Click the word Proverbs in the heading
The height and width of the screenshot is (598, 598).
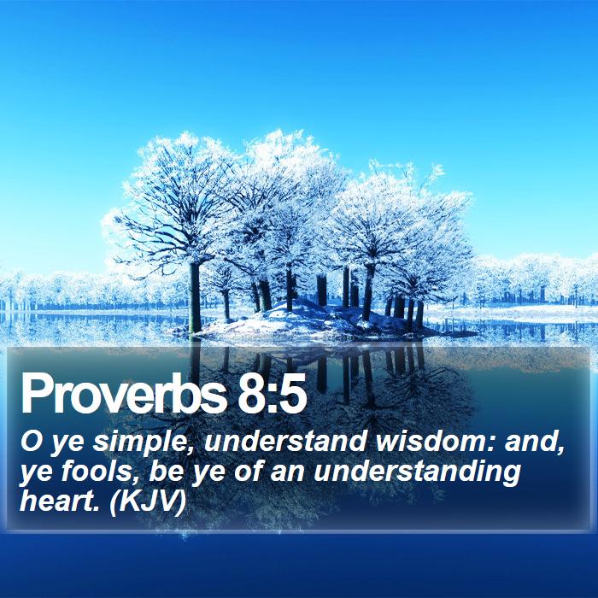click(125, 394)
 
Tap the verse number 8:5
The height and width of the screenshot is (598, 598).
click(272, 394)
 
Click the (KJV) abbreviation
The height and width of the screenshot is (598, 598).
click(147, 502)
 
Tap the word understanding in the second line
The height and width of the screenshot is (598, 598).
click(417, 474)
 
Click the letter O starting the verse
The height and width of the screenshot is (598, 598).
click(31, 442)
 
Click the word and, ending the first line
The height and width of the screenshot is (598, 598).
click(535, 443)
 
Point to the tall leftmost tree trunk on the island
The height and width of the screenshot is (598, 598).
click(195, 297)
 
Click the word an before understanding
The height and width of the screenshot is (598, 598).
click(288, 474)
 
